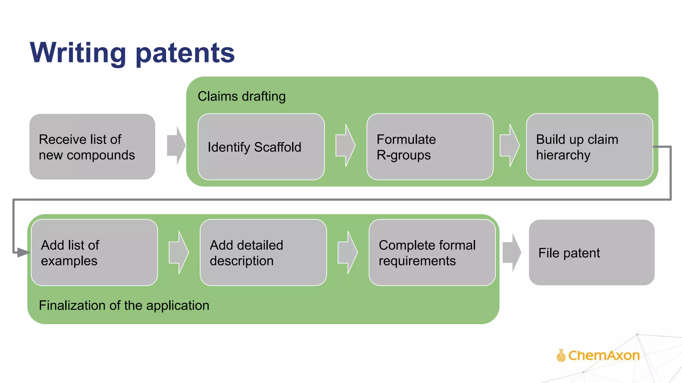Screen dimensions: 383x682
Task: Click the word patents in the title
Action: coord(185,53)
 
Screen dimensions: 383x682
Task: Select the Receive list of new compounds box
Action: coord(92,147)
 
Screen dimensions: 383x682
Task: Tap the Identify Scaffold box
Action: coord(261,147)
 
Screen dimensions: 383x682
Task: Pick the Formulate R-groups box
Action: coord(430,147)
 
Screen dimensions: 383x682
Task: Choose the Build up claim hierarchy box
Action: coord(589,147)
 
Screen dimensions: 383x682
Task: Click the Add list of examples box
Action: coord(94,253)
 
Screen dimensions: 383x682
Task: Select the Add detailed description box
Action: coord(263,253)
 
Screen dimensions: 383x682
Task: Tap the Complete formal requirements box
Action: coord(432,253)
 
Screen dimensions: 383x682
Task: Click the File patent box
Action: coord(591,253)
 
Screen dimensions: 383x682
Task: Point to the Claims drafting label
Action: coord(241,96)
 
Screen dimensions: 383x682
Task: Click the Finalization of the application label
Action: coord(124,306)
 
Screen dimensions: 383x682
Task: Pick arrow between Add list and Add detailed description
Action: coord(179,253)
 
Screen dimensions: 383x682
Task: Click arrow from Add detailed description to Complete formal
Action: coord(348,253)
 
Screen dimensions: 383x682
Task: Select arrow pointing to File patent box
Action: coord(512,253)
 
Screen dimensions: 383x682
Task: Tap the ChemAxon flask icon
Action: coord(561,355)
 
